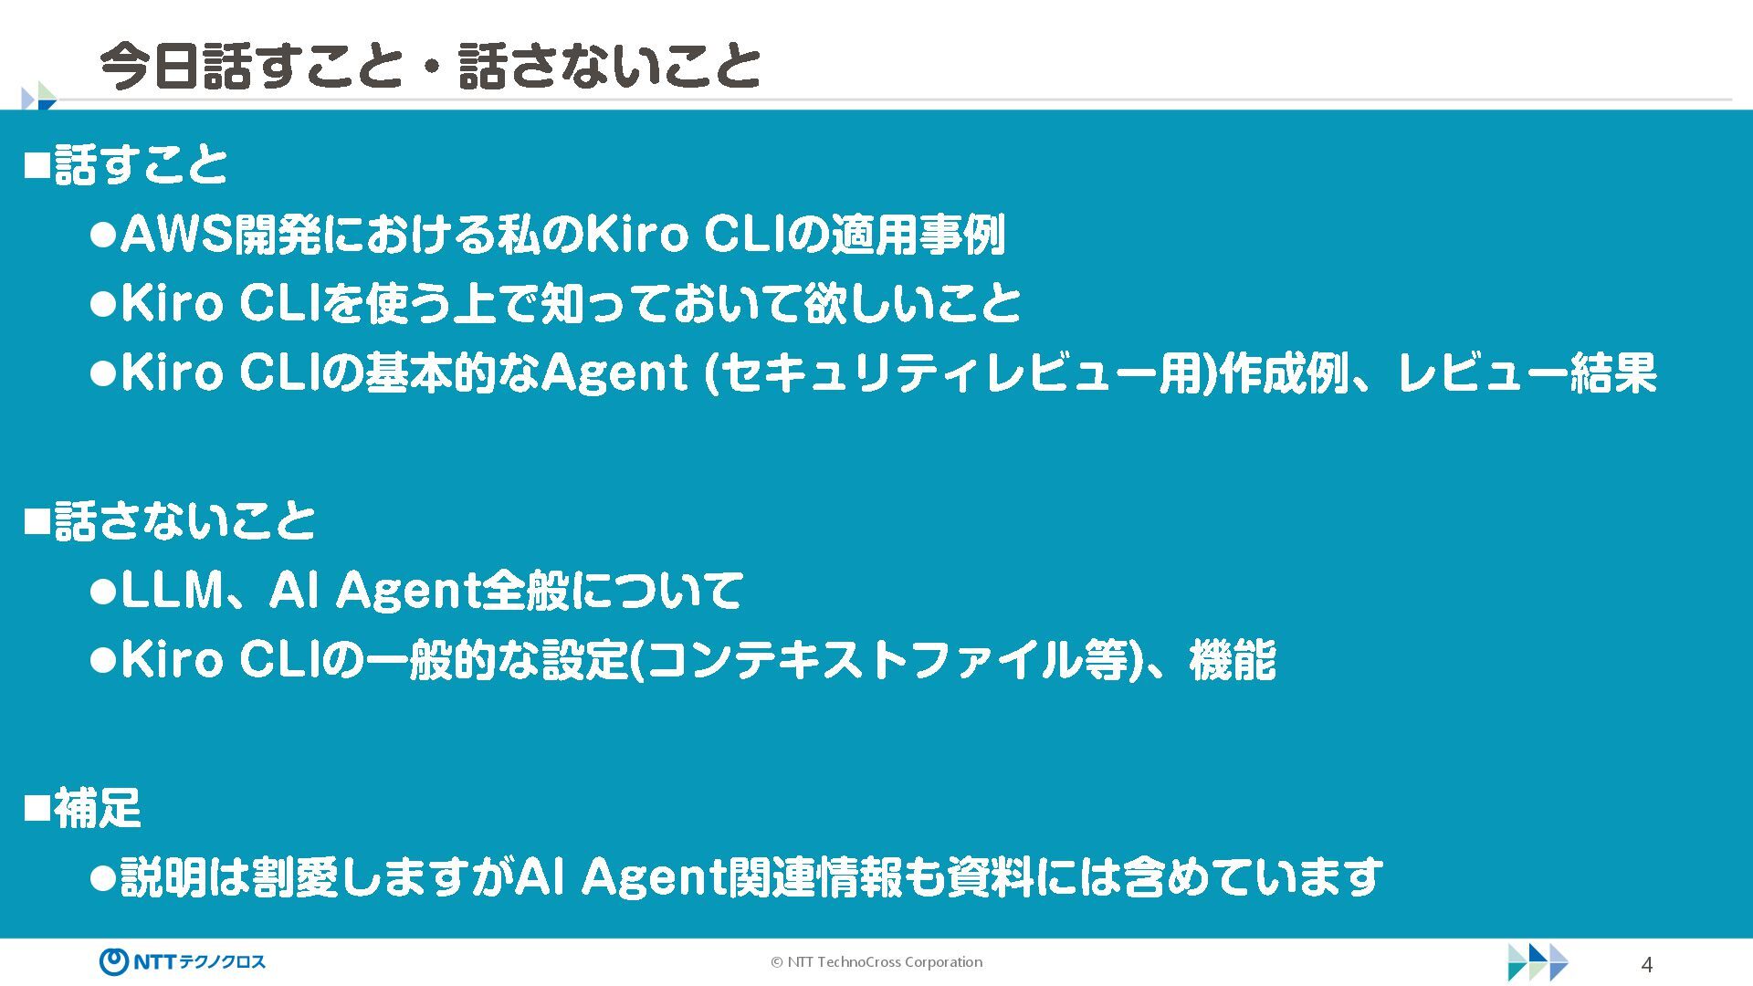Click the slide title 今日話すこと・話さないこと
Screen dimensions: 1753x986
(x=429, y=66)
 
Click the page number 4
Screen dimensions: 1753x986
(x=1647, y=964)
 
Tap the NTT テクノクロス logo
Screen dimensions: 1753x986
(x=183, y=961)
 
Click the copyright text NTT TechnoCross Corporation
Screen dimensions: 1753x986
(x=876, y=962)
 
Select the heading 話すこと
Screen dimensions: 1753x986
(x=141, y=165)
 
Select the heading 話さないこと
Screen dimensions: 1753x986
(x=184, y=521)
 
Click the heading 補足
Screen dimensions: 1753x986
(x=97, y=808)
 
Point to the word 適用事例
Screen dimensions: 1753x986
(x=917, y=235)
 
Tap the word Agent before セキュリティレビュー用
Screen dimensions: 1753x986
(x=614, y=373)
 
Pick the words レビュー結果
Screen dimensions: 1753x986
(x=1527, y=373)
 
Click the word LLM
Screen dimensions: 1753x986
(x=172, y=591)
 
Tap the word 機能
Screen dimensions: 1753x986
(x=1232, y=660)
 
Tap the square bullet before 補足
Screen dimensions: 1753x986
(x=36, y=808)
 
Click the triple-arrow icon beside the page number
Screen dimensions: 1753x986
(x=1538, y=962)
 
